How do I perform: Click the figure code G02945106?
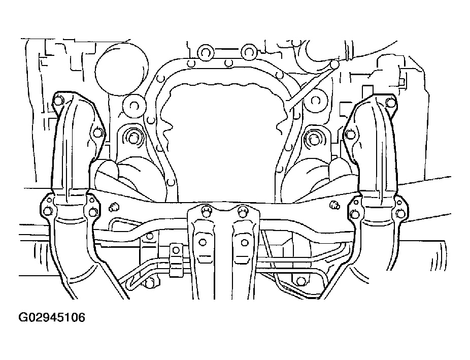52,317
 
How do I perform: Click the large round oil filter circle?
121,70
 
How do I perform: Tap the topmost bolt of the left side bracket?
59,101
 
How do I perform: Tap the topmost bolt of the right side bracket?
390,102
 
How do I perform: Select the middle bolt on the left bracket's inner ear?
97,132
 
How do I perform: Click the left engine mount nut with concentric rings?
132,138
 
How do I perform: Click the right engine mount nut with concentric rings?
313,139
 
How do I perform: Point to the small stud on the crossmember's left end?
113,207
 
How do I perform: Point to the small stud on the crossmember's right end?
334,205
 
